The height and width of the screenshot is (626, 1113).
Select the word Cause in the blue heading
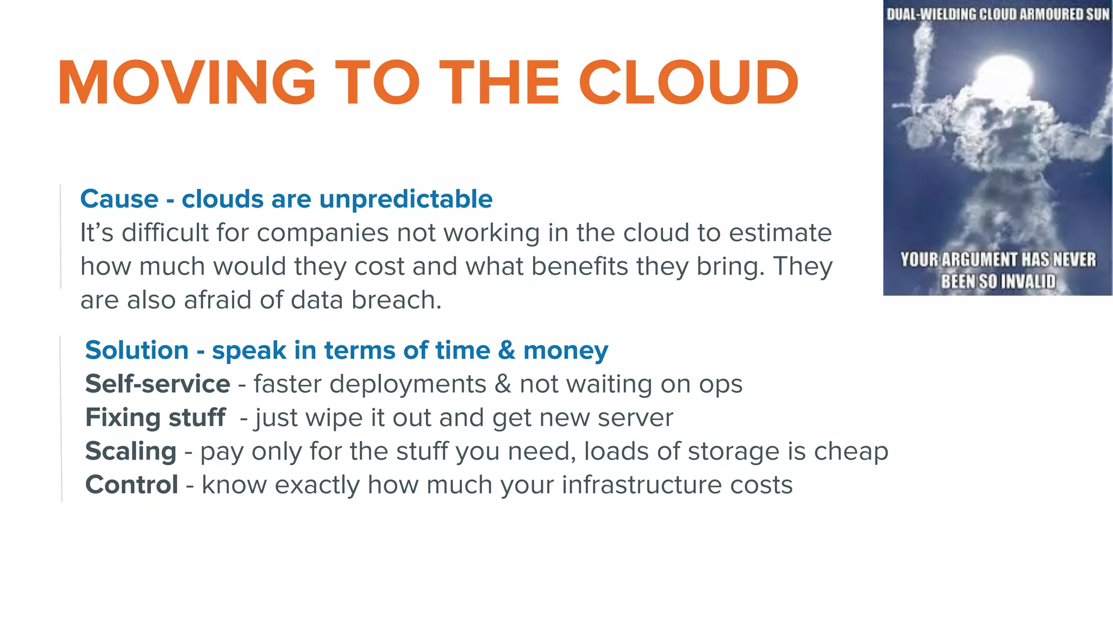tap(119, 199)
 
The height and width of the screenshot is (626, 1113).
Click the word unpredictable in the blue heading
tap(405, 199)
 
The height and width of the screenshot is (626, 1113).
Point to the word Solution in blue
tap(137, 350)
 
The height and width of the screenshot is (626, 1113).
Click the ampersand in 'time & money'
tap(506, 350)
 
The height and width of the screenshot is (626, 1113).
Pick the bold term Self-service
tap(158, 384)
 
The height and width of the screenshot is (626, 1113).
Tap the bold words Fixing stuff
tap(155, 418)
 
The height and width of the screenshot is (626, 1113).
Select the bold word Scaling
tap(131, 452)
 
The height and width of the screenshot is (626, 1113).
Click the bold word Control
tap(132, 485)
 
